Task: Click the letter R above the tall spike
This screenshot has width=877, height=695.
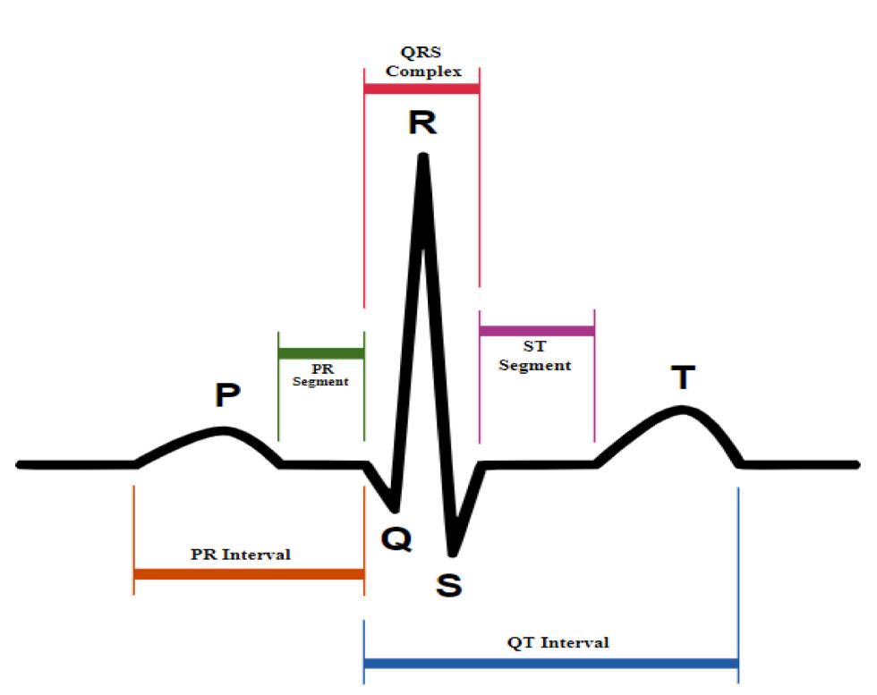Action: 422,123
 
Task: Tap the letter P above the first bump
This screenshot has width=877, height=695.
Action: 227,394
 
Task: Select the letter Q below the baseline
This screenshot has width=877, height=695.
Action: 396,538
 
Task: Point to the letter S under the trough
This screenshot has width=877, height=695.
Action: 448,585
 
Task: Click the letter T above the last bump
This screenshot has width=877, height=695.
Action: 683,377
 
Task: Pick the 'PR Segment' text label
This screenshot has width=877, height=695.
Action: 320,374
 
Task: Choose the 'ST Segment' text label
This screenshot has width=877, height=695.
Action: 535,357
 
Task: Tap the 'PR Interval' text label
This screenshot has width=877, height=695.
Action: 241,555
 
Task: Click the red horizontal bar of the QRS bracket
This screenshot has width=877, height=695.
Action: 421,89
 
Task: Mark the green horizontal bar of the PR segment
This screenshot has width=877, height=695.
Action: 321,352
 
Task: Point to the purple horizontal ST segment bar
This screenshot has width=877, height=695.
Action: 537,331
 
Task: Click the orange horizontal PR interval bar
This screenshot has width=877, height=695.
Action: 249,574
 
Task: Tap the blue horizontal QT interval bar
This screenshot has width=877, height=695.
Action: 551,664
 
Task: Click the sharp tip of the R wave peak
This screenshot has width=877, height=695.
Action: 422,158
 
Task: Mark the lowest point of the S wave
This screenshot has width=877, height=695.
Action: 454,549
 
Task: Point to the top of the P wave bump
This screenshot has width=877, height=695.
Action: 224,431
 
